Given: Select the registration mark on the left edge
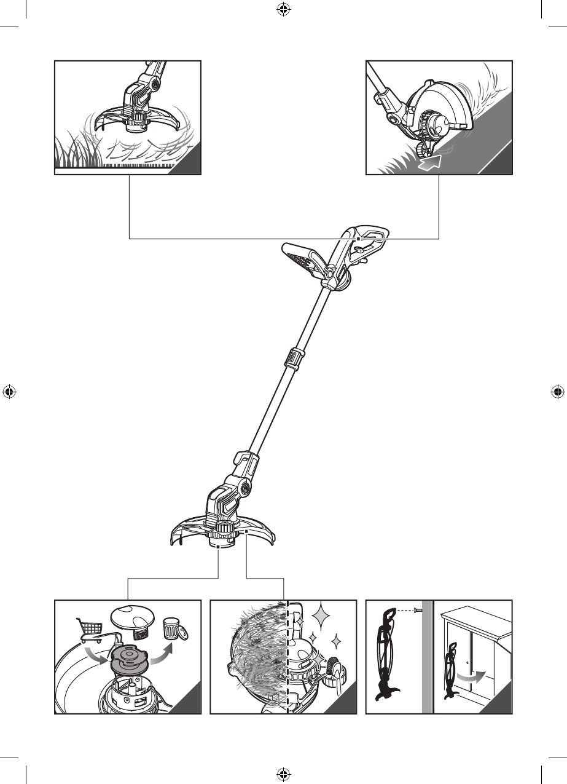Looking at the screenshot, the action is (9, 391).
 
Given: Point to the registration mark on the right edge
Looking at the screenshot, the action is (558, 391).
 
